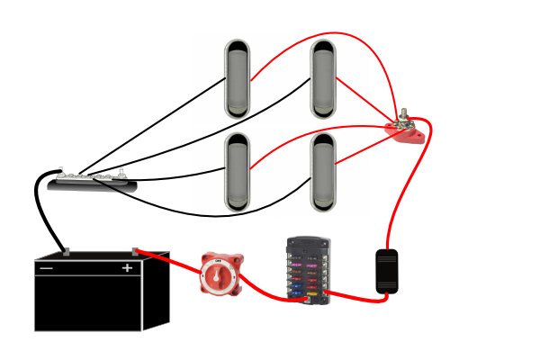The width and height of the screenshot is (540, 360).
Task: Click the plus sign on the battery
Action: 127,268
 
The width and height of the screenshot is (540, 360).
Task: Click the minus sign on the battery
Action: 46,268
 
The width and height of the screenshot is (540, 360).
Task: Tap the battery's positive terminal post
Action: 135,250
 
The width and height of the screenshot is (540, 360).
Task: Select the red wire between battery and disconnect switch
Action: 171,258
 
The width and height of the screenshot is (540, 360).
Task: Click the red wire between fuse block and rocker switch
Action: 351,291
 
